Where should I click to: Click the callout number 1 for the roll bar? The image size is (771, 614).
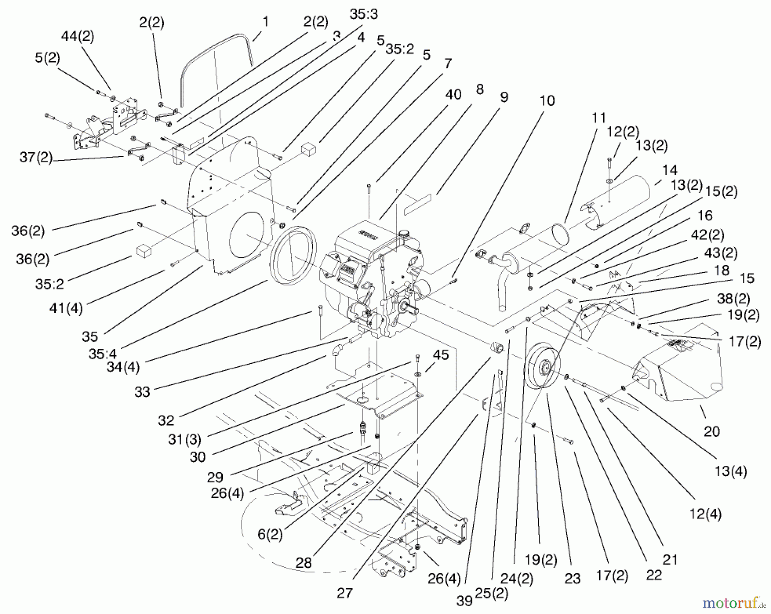(266, 21)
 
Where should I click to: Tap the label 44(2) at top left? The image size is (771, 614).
(78, 36)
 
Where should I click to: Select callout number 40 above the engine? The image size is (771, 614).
(453, 94)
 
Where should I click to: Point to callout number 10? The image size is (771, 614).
(547, 101)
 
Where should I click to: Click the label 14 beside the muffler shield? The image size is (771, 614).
(669, 171)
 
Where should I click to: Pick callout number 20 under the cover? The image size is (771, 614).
(711, 431)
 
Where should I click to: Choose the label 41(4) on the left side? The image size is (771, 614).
(66, 308)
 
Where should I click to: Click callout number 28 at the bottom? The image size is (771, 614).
(304, 562)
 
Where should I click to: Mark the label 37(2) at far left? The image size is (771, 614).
(36, 157)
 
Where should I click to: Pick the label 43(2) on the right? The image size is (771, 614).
(720, 253)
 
